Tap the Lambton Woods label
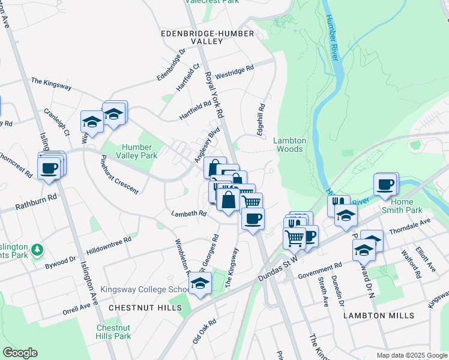click(x=290, y=145)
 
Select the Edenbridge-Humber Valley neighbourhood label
click(x=192, y=38)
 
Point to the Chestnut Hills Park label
click(x=113, y=332)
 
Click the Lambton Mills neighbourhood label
click(x=378, y=315)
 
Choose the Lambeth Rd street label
click(x=188, y=214)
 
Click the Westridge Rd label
click(x=234, y=73)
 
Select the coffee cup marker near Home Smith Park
click(x=385, y=184)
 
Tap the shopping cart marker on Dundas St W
click(x=294, y=237)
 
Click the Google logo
click(x=20, y=353)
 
